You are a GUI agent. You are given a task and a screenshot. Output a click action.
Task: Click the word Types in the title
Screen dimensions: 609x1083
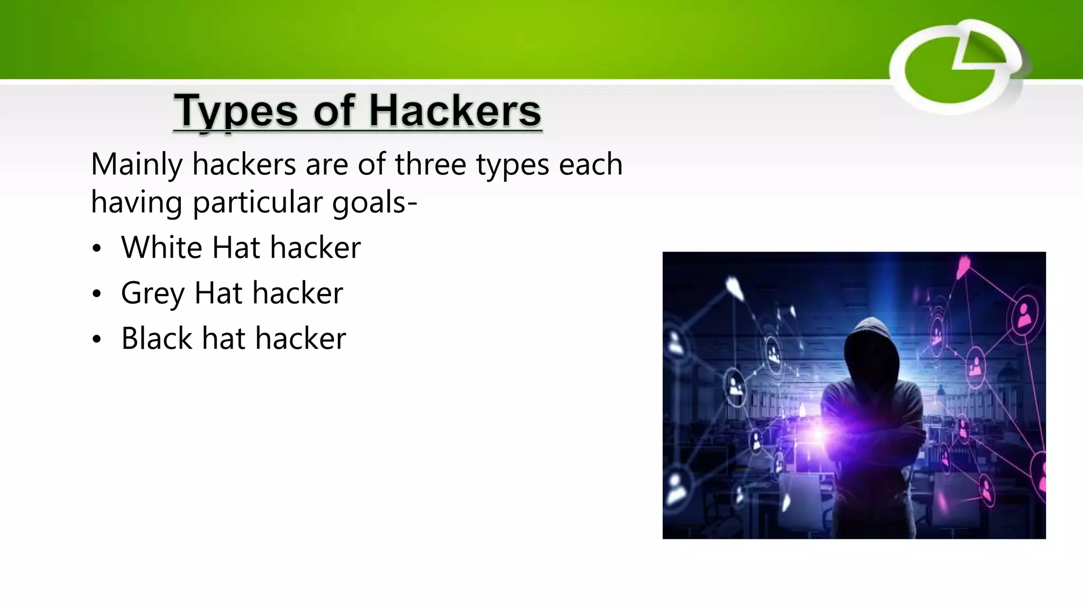(x=235, y=112)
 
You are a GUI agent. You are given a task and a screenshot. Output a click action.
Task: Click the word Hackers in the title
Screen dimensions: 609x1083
(x=455, y=112)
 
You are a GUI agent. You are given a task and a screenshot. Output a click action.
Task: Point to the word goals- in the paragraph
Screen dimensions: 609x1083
(x=374, y=202)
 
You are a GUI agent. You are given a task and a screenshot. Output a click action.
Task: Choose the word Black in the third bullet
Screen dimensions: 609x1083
(x=157, y=338)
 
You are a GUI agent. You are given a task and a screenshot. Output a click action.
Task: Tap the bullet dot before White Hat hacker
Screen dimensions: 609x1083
(x=96, y=248)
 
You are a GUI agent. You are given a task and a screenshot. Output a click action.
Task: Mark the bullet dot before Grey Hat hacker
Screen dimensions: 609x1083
(x=96, y=294)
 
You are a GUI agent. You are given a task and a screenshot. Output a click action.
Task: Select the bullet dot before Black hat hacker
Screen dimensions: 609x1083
(x=96, y=339)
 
